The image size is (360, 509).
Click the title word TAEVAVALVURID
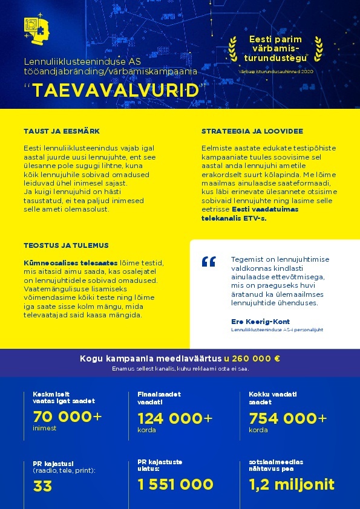pyautogui.click(x=116, y=90)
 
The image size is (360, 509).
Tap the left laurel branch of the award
pyautogui.click(x=233, y=49)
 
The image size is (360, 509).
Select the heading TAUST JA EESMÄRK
pyautogui.click(x=62, y=131)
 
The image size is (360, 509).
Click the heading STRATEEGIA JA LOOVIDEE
pyautogui.click(x=252, y=131)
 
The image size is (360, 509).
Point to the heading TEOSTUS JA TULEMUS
pyautogui.click(x=66, y=246)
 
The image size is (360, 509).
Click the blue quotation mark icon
pyautogui.click(x=209, y=261)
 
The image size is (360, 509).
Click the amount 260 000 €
pyautogui.click(x=252, y=358)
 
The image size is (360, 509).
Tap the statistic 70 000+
pyautogui.click(x=67, y=417)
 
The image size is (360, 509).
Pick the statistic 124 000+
pyautogui.click(x=175, y=418)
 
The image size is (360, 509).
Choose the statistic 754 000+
pyautogui.click(x=288, y=418)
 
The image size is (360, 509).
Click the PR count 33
pyautogui.click(x=42, y=485)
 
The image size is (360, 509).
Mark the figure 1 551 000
pyautogui.click(x=175, y=484)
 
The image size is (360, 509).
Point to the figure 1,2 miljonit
pyautogui.click(x=292, y=484)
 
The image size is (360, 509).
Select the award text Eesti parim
pyautogui.click(x=275, y=39)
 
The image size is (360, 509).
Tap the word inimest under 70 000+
pyautogui.click(x=45, y=429)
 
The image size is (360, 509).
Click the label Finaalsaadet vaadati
pyautogui.click(x=159, y=398)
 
